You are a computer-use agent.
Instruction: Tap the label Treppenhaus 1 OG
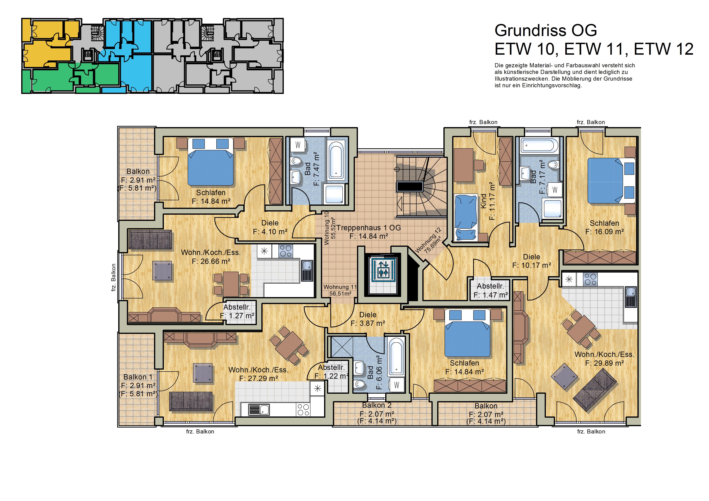[x=369, y=228]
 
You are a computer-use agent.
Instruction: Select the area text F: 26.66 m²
[x=211, y=261]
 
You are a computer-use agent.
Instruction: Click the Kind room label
[x=484, y=201]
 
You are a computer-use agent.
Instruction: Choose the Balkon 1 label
[x=138, y=377]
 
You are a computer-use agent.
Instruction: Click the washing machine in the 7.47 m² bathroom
[x=298, y=145]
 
